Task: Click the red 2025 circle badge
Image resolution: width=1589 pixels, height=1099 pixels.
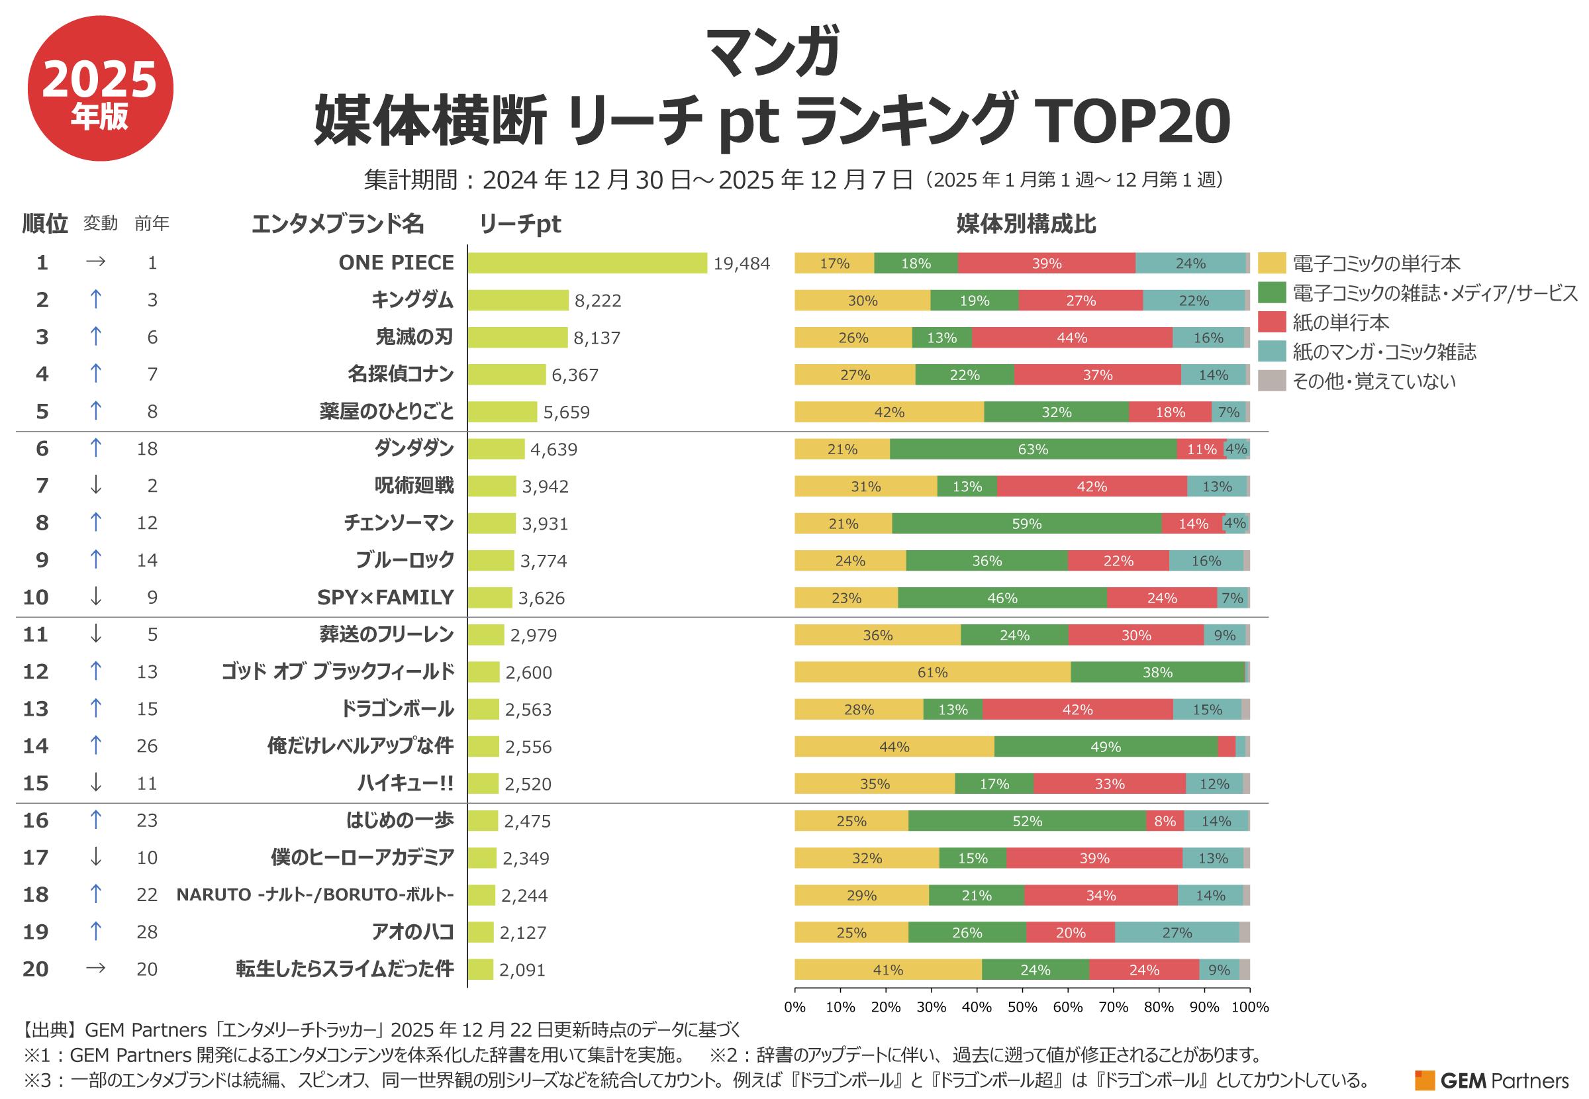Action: pos(101,88)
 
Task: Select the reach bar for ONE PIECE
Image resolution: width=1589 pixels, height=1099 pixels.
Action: pos(587,263)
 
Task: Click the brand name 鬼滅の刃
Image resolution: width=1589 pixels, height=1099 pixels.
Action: pos(414,337)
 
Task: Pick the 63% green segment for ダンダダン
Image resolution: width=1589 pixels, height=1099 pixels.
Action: pos(1033,449)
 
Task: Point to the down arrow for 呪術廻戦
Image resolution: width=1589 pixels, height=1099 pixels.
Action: pos(96,485)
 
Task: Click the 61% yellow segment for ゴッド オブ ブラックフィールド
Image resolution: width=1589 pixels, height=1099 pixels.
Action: pos(932,672)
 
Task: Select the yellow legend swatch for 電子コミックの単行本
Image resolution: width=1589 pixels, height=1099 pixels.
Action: pos(1272,263)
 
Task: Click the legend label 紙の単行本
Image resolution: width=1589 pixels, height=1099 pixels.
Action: pos(1341,322)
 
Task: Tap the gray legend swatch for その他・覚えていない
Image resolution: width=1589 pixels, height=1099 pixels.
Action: pos(1272,381)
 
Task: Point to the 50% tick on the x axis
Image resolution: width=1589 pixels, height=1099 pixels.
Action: pos(1022,992)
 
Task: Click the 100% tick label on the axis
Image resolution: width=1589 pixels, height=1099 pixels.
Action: pos(1249,1007)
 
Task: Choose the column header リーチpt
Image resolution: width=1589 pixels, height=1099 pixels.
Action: pos(520,224)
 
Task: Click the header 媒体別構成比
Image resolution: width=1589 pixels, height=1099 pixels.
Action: pos(1026,224)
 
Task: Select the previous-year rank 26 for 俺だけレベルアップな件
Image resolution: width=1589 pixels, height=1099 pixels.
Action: pos(148,746)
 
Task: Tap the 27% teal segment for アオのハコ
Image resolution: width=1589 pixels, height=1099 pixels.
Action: pos(1177,932)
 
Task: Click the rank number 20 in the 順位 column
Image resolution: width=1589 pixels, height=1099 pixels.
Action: pos(36,969)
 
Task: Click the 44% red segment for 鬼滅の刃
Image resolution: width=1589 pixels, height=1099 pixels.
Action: pos(1072,338)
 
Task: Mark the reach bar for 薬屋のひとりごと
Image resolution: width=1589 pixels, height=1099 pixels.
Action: pos(503,412)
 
